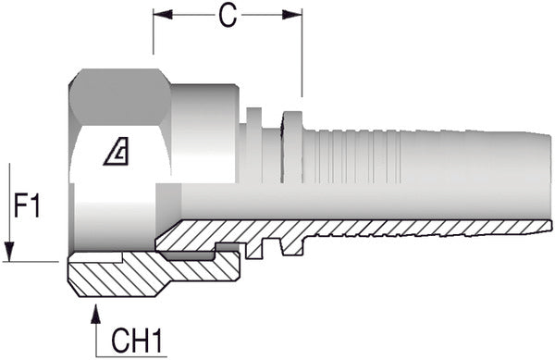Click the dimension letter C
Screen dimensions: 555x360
tap(227, 16)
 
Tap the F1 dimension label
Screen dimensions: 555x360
tap(27, 205)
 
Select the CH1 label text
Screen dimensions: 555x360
tap(136, 341)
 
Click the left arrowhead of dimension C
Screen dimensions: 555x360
tap(163, 15)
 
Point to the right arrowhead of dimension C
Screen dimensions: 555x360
tap(292, 15)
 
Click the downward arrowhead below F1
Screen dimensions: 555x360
tap(9, 252)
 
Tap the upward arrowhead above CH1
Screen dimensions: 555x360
tap(95, 314)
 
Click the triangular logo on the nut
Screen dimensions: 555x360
tap(117, 151)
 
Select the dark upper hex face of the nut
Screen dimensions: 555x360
tap(119, 96)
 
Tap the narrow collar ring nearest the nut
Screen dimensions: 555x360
tap(254, 145)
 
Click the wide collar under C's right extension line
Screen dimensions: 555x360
tap(292, 147)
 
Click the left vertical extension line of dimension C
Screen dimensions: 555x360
tap(154, 31)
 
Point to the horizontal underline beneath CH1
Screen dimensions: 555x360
tap(131, 356)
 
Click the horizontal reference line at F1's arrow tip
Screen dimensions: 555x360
tap(31, 262)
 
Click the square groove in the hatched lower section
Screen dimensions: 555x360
tap(271, 247)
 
